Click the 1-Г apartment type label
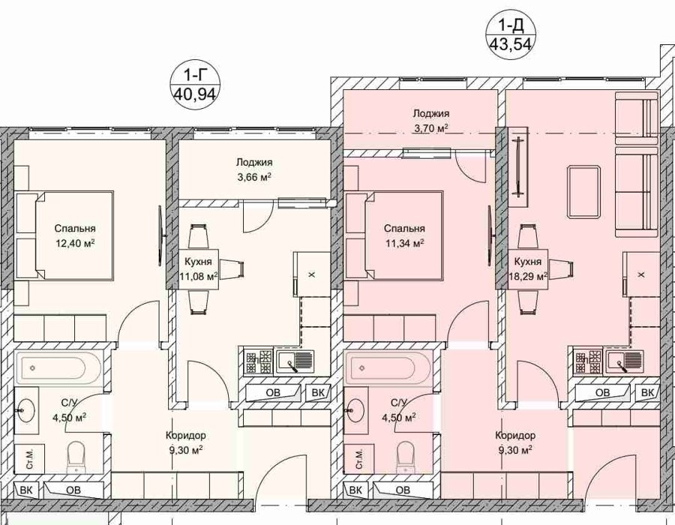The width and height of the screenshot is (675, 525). (x=195, y=76)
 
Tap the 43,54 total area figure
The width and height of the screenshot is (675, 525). (x=511, y=44)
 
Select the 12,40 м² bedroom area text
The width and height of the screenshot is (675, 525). (x=75, y=243)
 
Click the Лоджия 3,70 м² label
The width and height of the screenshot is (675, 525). (x=431, y=121)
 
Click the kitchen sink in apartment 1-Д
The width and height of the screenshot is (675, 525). (x=625, y=361)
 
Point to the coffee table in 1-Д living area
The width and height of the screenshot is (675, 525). (x=584, y=192)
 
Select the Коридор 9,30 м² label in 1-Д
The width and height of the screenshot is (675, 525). (x=514, y=442)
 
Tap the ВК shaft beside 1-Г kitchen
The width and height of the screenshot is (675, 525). (x=318, y=392)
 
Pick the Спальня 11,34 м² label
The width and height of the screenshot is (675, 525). (x=404, y=235)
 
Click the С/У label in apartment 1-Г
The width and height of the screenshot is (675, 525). (x=69, y=403)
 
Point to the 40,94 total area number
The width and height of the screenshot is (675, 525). (x=195, y=93)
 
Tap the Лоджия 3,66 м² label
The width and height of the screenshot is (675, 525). (x=254, y=169)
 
